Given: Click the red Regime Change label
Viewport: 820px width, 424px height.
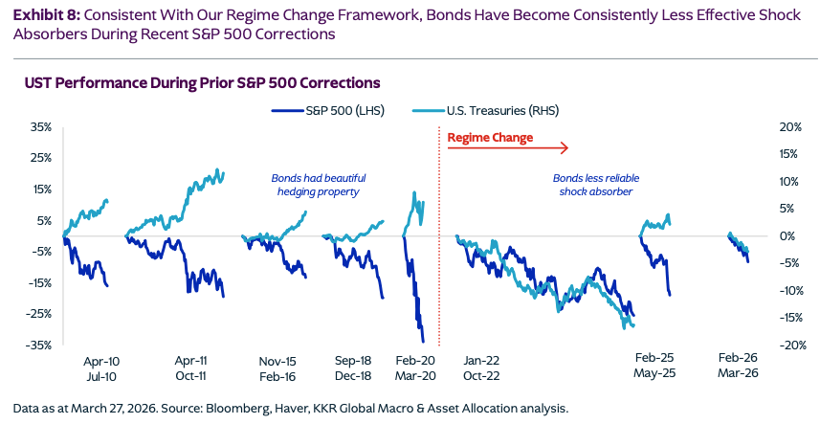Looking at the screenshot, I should coord(490,138).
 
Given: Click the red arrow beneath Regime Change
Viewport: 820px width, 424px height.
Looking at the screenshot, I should coord(508,148).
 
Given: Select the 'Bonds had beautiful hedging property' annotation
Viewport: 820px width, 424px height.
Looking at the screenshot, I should coord(314,185).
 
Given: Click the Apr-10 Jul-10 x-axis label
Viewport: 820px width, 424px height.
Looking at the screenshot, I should coord(101,369).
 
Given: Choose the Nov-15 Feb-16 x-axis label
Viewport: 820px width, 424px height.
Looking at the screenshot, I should coord(277,369).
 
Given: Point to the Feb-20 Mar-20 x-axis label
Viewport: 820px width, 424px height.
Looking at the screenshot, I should coord(415,369).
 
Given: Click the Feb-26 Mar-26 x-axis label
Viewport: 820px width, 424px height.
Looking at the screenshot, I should coord(739,369).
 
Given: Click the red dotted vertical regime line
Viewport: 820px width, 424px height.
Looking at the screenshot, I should coord(438,239).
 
